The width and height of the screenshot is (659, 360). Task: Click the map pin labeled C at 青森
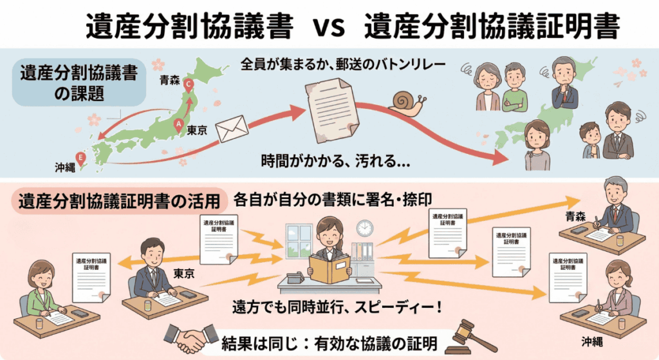[189, 84]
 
